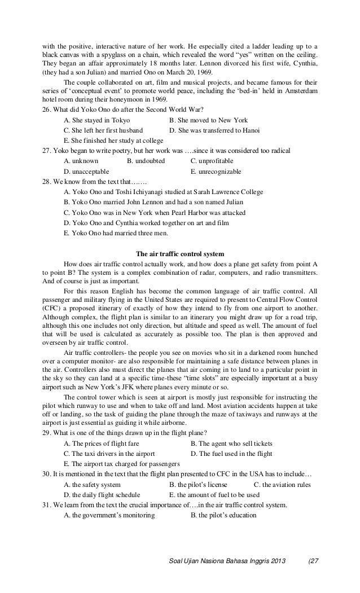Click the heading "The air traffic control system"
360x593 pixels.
181,253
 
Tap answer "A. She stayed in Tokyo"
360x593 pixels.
97,120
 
